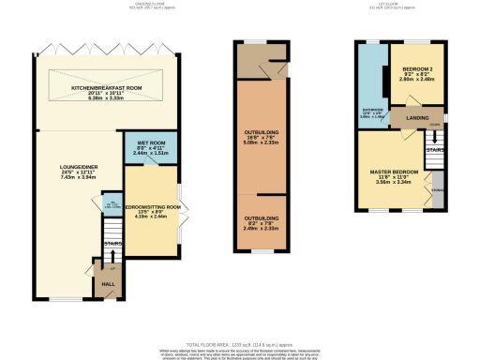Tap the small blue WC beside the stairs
click(x=110, y=203)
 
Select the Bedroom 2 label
click(x=418, y=69)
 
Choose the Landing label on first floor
click(x=416, y=117)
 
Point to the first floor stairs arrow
click(x=434, y=160)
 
